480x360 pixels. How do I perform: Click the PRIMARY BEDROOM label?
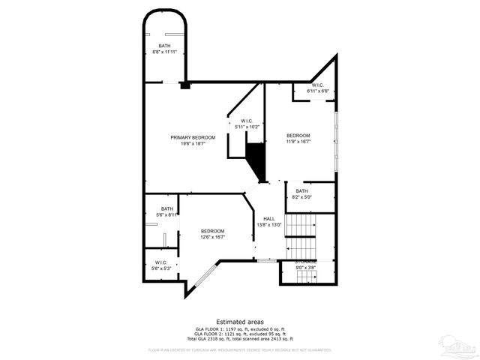[193, 137]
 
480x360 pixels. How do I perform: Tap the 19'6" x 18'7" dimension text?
[193, 143]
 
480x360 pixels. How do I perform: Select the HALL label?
[268, 218]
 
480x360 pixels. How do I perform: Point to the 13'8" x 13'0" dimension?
[268, 224]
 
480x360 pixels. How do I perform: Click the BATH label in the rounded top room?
[164, 46]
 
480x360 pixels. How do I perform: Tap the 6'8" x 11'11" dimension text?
[164, 52]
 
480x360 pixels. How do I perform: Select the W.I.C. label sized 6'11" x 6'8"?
[317, 85]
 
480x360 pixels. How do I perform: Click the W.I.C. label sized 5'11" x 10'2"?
[247, 121]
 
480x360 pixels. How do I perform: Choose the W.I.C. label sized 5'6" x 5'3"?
[161, 262]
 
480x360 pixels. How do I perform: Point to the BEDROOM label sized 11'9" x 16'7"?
[298, 135]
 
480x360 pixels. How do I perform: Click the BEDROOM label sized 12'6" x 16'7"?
[212, 230]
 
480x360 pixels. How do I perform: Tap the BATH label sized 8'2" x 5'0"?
[301, 190]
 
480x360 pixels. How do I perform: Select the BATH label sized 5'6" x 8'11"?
[166, 209]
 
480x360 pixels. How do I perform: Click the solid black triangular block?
[257, 160]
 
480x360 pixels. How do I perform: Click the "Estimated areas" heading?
[239, 320]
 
